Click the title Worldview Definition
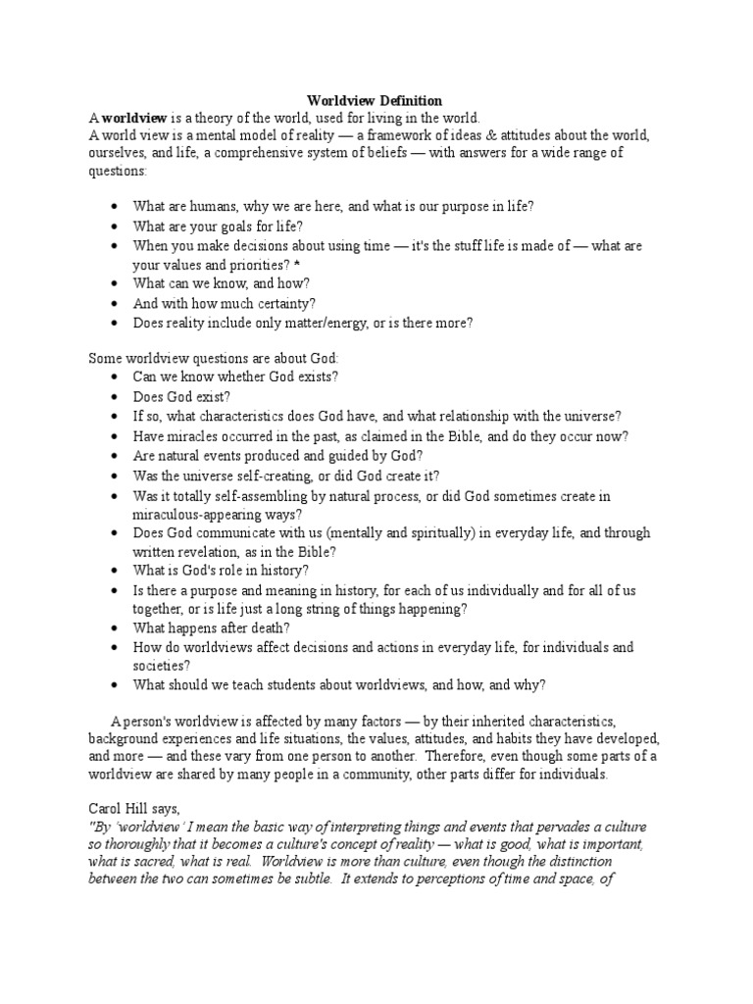(376, 100)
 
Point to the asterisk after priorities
(297, 264)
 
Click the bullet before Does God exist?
(116, 396)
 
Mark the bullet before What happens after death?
(116, 627)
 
